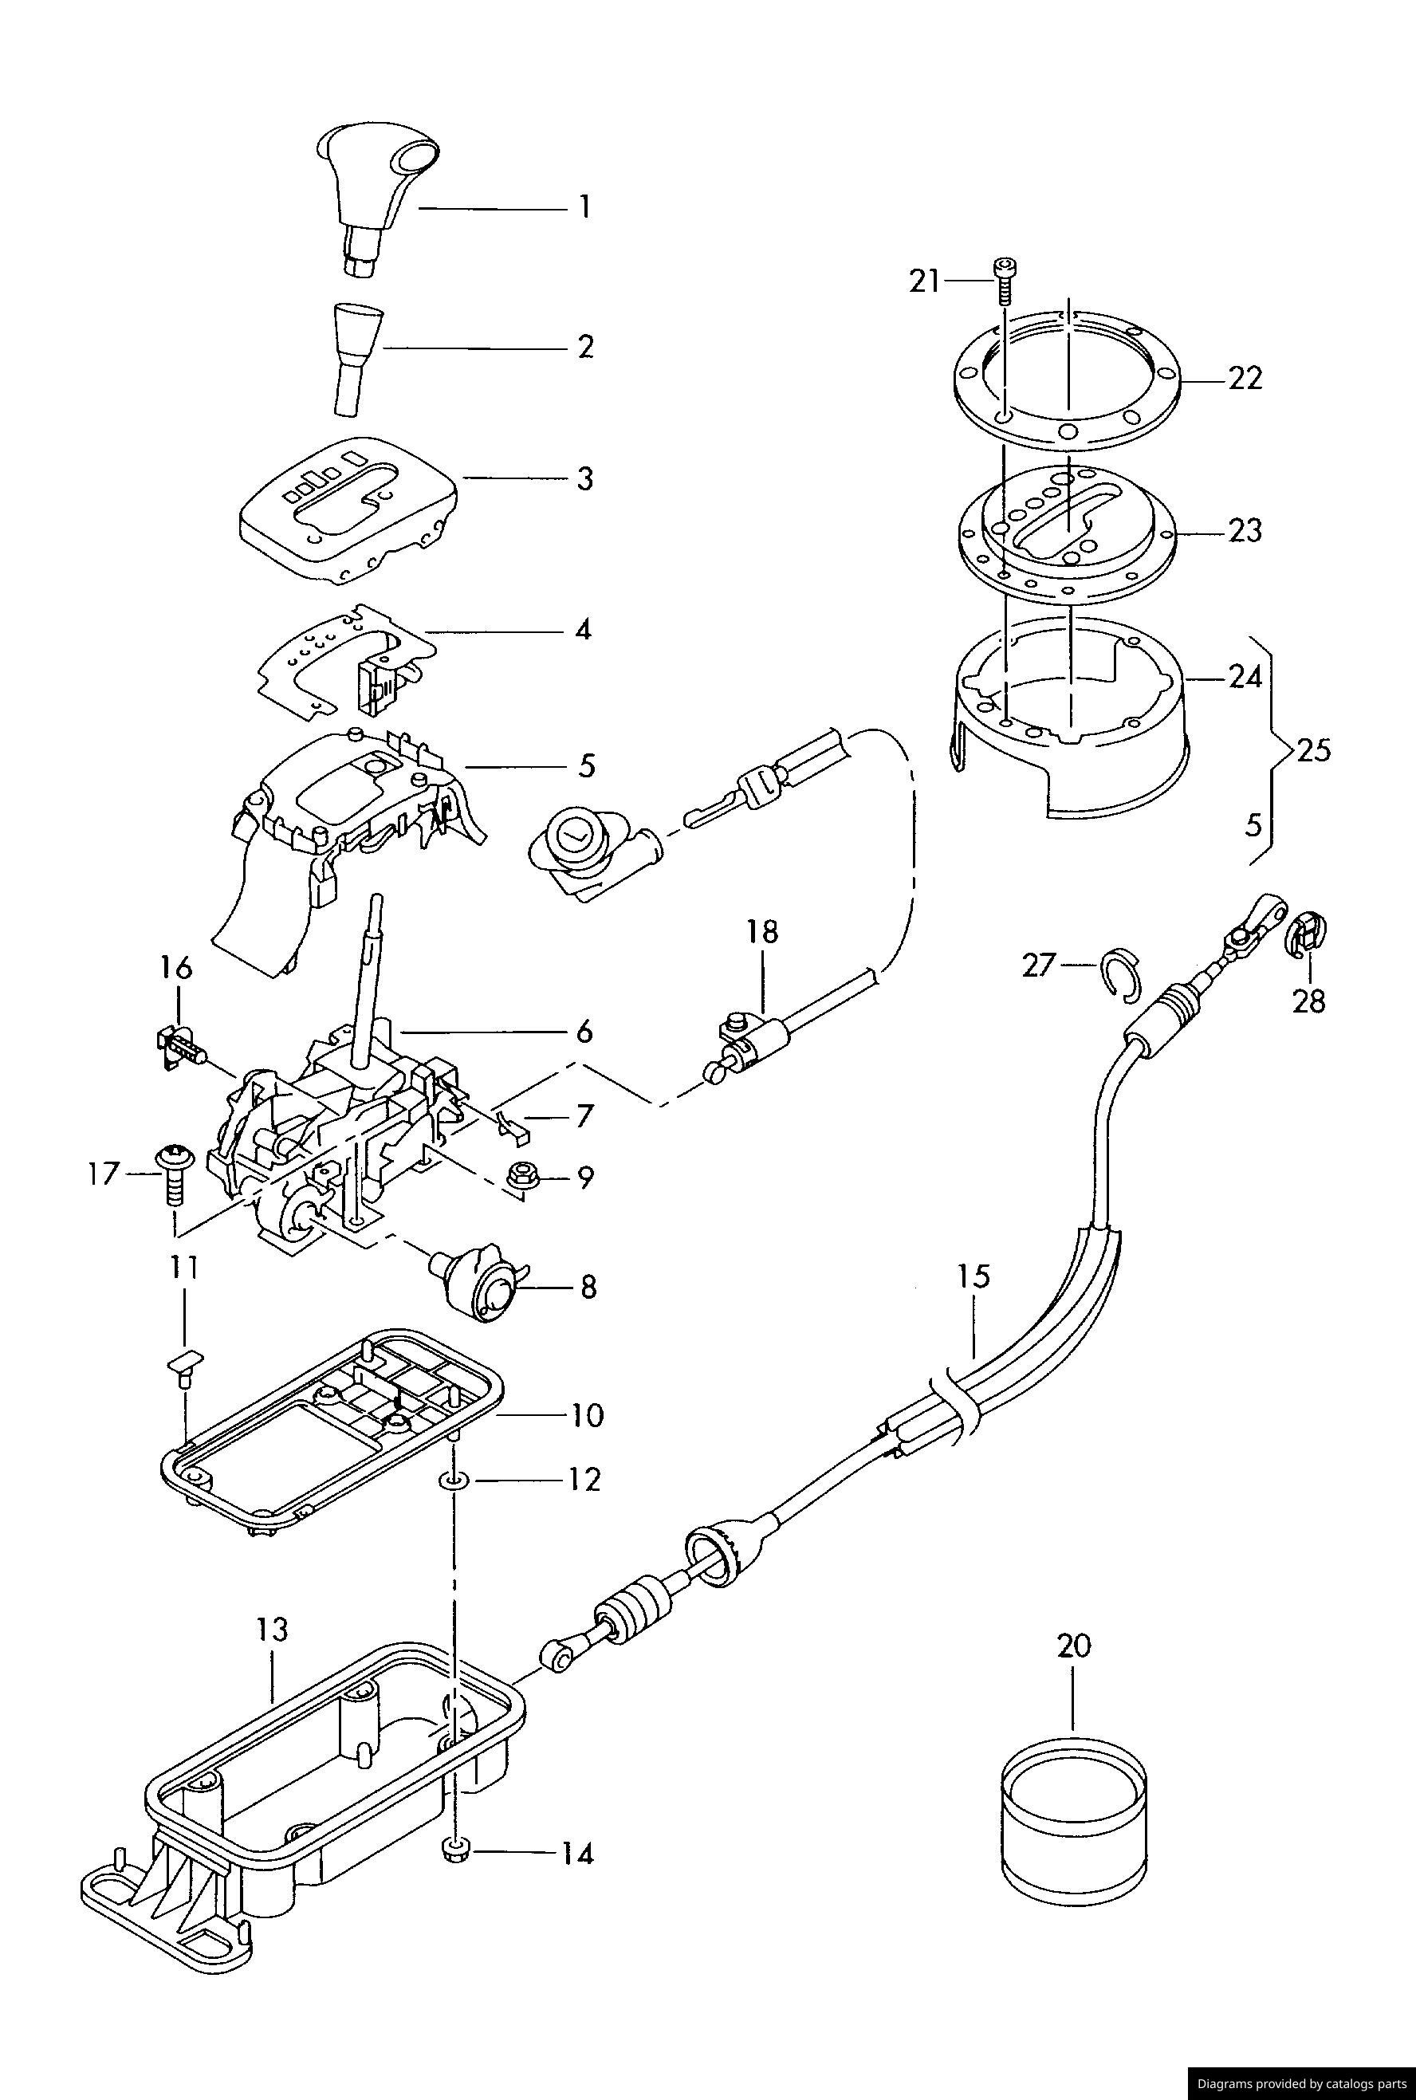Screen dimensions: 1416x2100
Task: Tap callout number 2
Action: click(586, 346)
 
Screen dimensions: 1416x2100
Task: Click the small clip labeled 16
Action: click(178, 1048)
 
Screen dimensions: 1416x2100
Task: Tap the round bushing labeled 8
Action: click(475, 1284)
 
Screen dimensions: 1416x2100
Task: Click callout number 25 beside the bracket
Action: click(1313, 750)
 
